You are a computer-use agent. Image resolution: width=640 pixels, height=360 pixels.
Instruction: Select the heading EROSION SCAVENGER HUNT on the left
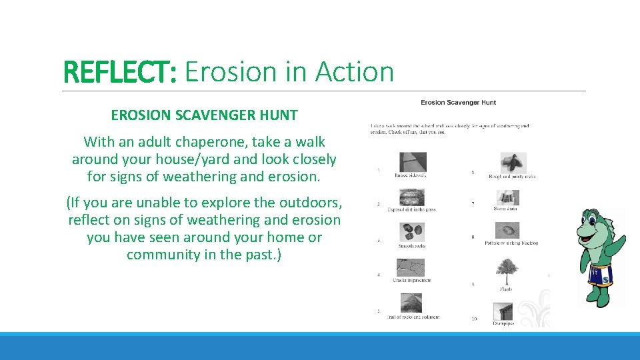(x=204, y=115)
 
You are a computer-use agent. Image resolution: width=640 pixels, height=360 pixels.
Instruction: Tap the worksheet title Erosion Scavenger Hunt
(x=458, y=103)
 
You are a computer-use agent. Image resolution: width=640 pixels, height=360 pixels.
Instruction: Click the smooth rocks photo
(x=411, y=232)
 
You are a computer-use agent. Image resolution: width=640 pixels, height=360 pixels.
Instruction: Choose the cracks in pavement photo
(x=411, y=267)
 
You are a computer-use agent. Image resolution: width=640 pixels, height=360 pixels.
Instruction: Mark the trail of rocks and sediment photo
(x=411, y=303)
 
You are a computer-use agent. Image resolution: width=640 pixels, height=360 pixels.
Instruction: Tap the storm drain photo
(x=507, y=198)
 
